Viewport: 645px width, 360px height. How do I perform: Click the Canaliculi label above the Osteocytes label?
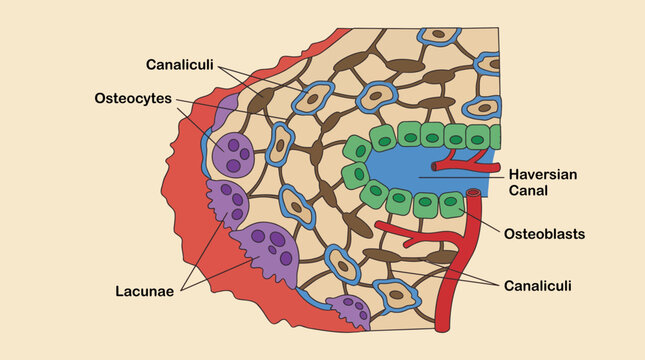[x=180, y=65]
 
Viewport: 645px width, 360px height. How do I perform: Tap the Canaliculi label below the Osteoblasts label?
[x=538, y=286]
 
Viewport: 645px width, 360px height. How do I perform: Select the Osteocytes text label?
[x=133, y=99]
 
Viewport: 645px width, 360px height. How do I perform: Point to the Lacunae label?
[x=144, y=291]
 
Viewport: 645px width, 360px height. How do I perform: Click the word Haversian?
[x=543, y=174]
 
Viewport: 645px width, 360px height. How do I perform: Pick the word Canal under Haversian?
[x=528, y=190]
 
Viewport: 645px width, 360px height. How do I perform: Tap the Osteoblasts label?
[x=544, y=234]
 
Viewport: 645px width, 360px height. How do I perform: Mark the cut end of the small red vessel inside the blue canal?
[x=434, y=166]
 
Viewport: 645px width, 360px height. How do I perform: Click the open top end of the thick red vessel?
[x=473, y=192]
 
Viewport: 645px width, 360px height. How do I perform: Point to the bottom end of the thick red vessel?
[x=442, y=329]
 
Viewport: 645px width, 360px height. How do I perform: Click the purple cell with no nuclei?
[x=225, y=112]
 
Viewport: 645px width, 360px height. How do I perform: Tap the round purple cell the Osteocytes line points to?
[x=232, y=155]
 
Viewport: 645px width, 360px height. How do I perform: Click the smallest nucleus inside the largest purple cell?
[x=272, y=250]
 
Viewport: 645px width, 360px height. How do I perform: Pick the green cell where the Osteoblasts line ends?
[x=451, y=203]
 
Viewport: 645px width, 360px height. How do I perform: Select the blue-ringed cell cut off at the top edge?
[x=438, y=36]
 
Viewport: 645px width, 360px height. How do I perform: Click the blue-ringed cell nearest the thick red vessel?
[x=397, y=295]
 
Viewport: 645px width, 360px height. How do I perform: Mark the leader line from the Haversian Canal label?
[x=462, y=177]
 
